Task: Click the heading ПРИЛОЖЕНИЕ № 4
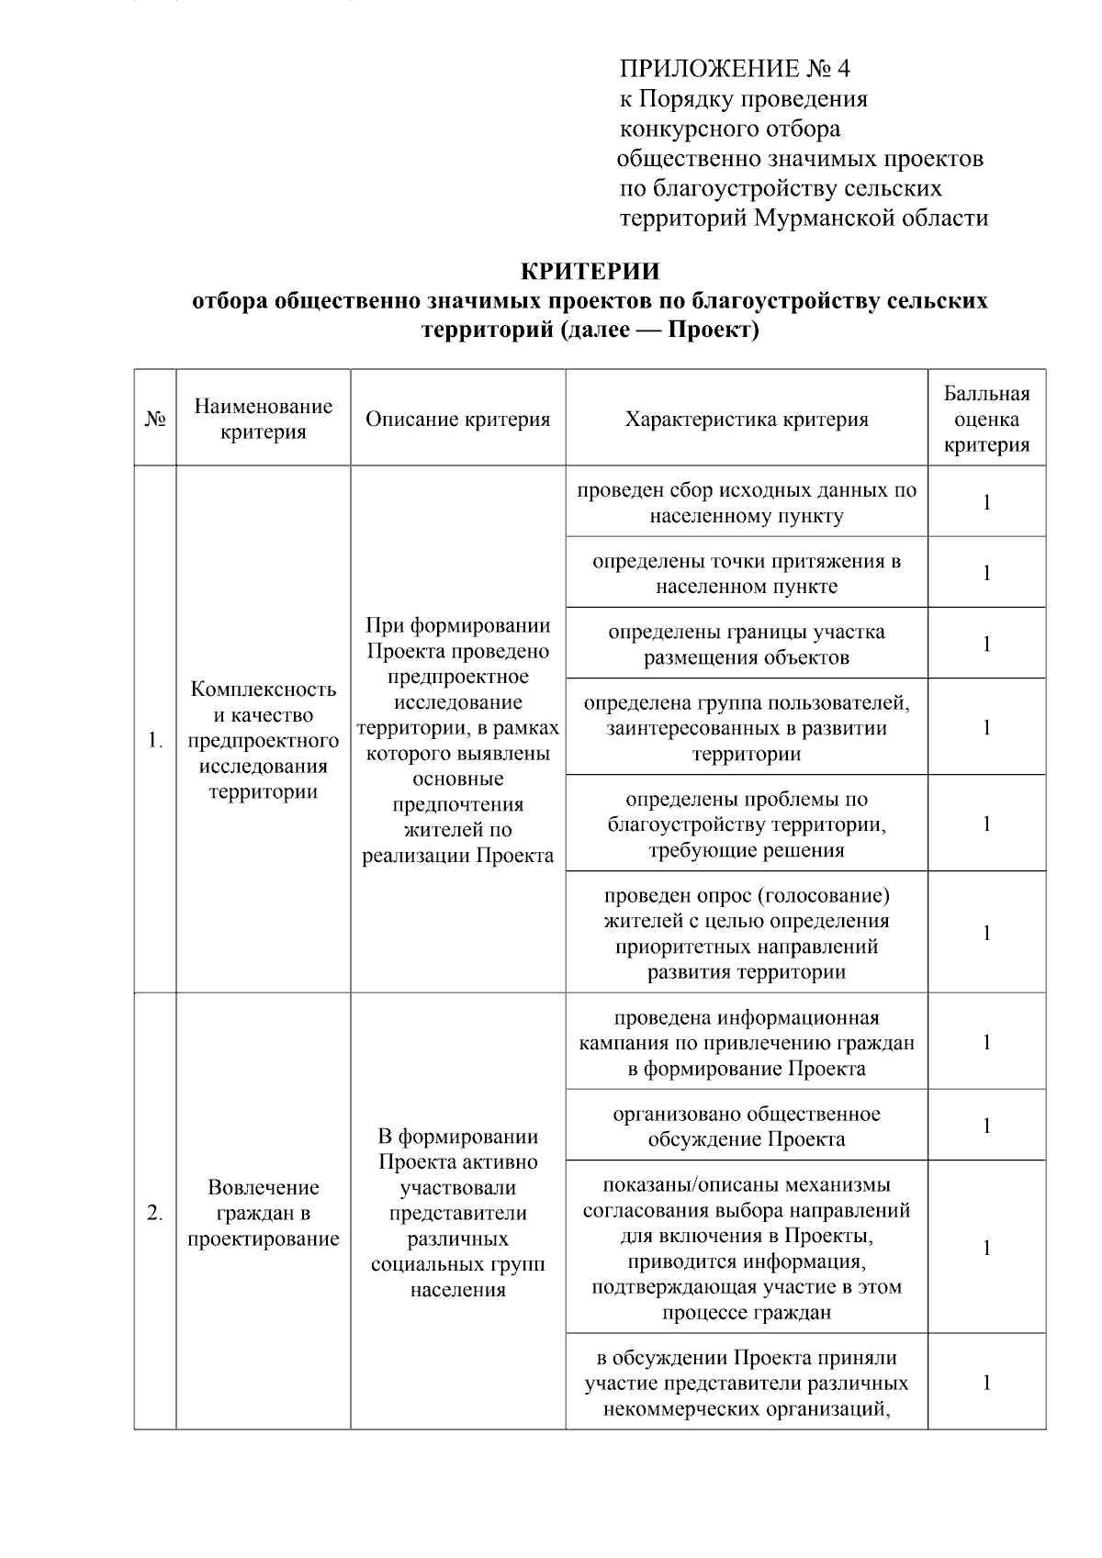pyautogui.click(x=736, y=69)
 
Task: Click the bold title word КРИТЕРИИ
pyautogui.click(x=590, y=272)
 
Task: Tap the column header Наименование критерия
pyautogui.click(x=264, y=420)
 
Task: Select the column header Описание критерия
pyautogui.click(x=457, y=420)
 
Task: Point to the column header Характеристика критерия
pyautogui.click(x=746, y=420)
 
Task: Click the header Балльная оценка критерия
pyautogui.click(x=986, y=420)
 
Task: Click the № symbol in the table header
pyautogui.click(x=155, y=420)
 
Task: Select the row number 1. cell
pyautogui.click(x=155, y=741)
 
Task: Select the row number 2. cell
pyautogui.click(x=155, y=1213)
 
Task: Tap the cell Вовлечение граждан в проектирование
pyautogui.click(x=264, y=1213)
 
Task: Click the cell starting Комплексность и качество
pyautogui.click(x=264, y=741)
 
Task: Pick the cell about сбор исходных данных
pyautogui.click(x=746, y=503)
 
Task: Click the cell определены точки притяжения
pyautogui.click(x=746, y=574)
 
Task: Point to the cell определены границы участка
pyautogui.click(x=746, y=644)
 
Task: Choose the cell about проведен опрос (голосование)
pyautogui.click(x=746, y=933)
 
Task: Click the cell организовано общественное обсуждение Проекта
pyautogui.click(x=746, y=1126)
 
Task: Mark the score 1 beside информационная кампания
pyautogui.click(x=986, y=1042)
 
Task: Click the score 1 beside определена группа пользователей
pyautogui.click(x=986, y=728)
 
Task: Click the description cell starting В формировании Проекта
pyautogui.click(x=457, y=1213)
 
